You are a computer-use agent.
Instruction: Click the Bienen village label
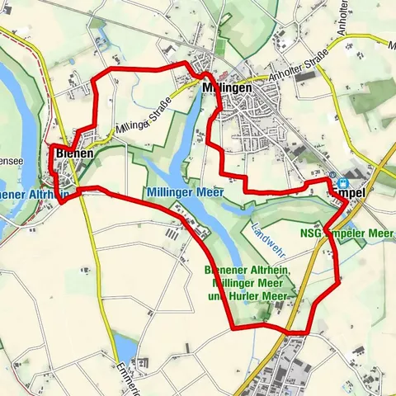point(75,153)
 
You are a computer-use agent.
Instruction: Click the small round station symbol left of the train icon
point(332,176)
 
